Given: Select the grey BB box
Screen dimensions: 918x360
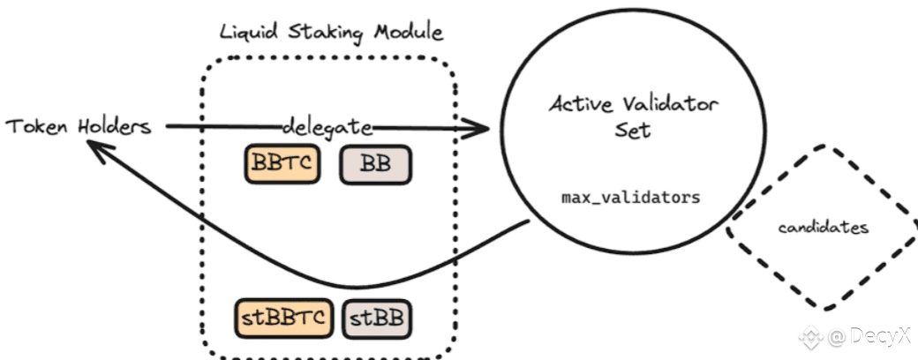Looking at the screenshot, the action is (376, 164).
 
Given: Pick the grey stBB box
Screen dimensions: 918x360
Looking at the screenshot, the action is (376, 319).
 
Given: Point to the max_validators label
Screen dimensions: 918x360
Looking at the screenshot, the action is (630, 198).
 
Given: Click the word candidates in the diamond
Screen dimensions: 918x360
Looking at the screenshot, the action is (823, 227).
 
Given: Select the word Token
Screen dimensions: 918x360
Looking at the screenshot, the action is (37, 126).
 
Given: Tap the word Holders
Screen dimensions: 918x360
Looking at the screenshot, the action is (114, 126).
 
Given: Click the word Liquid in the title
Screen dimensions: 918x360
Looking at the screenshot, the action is (248, 32).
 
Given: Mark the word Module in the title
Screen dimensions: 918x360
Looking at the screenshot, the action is (408, 32).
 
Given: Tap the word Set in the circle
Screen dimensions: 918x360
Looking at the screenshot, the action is (632, 130).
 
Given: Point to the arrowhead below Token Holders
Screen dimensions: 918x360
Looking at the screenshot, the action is (101, 150).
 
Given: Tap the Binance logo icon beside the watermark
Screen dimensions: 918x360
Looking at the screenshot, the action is (812, 336).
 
